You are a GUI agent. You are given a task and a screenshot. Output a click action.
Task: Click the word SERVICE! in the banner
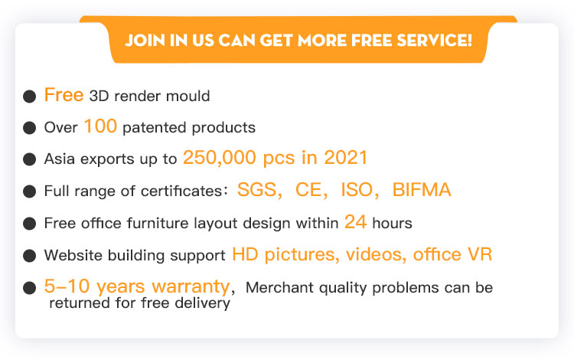[435, 41]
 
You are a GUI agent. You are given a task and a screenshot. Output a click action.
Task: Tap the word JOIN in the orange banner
[145, 41]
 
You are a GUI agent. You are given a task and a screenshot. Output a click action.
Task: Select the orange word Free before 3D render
[64, 94]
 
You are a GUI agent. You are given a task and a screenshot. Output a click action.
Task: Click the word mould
[188, 96]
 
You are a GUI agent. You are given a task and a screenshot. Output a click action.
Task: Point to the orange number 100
[100, 126]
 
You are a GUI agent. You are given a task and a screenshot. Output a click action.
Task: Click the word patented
[154, 128]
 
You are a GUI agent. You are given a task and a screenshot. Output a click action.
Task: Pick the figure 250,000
[220, 158]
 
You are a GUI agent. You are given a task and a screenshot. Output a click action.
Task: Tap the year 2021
[346, 158]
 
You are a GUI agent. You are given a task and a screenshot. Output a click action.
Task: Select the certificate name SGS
[256, 189]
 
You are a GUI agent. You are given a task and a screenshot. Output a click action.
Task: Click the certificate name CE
[308, 189]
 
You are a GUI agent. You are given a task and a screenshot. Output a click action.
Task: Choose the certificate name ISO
[357, 189]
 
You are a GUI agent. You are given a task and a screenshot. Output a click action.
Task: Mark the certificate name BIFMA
[422, 189]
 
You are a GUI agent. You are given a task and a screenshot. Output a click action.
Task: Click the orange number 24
[355, 221]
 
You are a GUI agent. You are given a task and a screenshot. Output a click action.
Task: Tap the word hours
[392, 223]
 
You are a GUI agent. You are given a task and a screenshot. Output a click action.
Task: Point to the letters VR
[480, 254]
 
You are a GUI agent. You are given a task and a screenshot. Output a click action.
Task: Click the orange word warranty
[191, 286]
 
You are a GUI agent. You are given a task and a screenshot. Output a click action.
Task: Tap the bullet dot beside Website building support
[29, 256]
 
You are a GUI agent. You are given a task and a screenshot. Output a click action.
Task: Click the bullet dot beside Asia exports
[29, 159]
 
